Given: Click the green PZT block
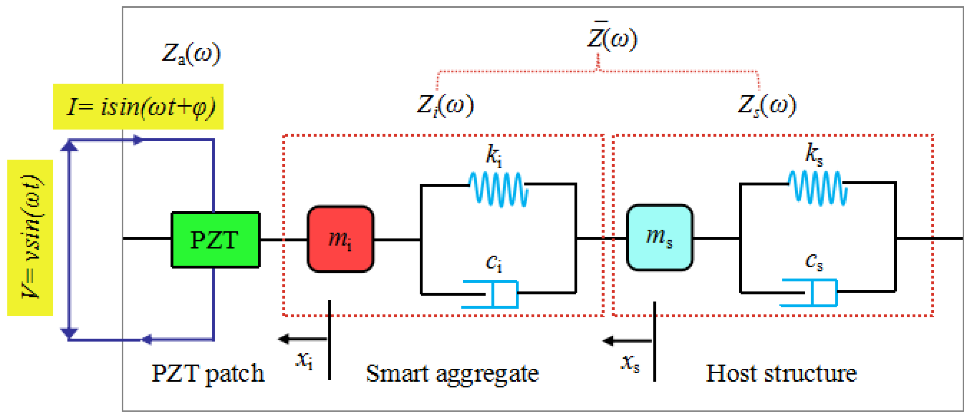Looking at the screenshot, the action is pyautogui.click(x=216, y=240).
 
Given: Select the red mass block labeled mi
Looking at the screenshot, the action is pyautogui.click(x=340, y=238).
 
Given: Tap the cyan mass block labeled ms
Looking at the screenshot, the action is pyautogui.click(x=660, y=237).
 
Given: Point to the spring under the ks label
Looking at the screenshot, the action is pyautogui.click(x=818, y=188).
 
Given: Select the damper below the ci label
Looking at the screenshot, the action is pyautogui.click(x=490, y=294).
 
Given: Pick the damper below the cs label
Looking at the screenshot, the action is pyautogui.click(x=809, y=293).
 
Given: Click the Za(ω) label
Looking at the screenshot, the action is pyautogui.click(x=191, y=53).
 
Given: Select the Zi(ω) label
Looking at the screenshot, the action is pyautogui.click(x=446, y=106).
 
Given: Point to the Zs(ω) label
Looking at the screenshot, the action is pyautogui.click(x=767, y=106).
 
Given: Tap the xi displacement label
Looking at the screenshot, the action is pyautogui.click(x=305, y=360).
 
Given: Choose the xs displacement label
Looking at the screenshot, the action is pyautogui.click(x=630, y=363).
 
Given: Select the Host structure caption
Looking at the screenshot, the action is pyautogui.click(x=781, y=374).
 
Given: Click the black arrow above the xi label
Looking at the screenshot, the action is pyautogui.click(x=303, y=339).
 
